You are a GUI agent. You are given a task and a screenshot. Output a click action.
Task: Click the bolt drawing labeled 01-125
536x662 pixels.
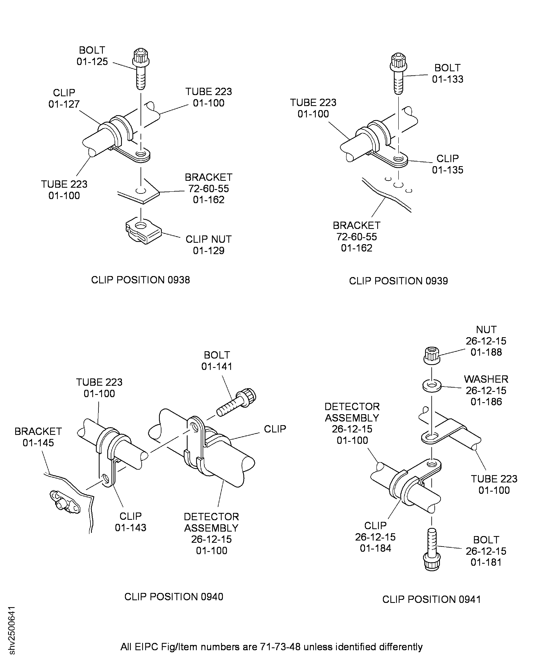[141, 69]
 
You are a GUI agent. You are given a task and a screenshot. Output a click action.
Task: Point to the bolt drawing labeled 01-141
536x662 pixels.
[236, 402]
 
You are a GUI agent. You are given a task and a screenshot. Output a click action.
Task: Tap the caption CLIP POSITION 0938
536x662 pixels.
[141, 280]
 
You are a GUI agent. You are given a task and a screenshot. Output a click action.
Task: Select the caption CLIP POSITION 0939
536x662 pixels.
[398, 281]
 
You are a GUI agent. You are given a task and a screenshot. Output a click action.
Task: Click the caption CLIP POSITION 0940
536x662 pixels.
[174, 596]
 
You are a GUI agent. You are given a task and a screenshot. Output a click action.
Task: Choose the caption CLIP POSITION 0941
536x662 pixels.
[432, 599]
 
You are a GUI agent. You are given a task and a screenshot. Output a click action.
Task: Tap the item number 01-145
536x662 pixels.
[38, 443]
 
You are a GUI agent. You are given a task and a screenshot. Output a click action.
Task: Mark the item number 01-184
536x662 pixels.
[375, 548]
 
